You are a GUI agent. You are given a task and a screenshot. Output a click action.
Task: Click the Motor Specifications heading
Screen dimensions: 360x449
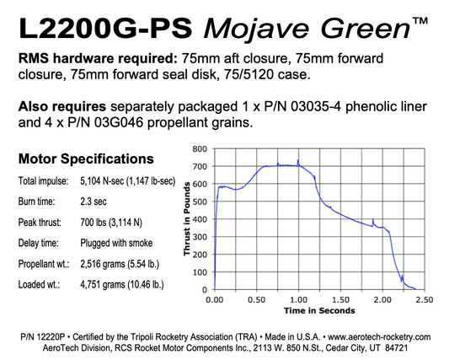pos(85,158)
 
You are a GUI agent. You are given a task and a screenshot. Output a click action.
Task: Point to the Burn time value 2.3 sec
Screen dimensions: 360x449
pos(98,202)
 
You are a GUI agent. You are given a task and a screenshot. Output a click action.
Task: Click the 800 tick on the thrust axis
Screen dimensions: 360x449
pos(200,148)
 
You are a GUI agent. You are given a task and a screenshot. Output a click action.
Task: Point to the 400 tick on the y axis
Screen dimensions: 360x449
pos(200,219)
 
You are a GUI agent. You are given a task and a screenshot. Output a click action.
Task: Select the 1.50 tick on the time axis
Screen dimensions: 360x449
pos(340,299)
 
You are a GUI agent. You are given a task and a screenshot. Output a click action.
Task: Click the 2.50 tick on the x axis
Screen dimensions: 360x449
pos(425,299)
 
